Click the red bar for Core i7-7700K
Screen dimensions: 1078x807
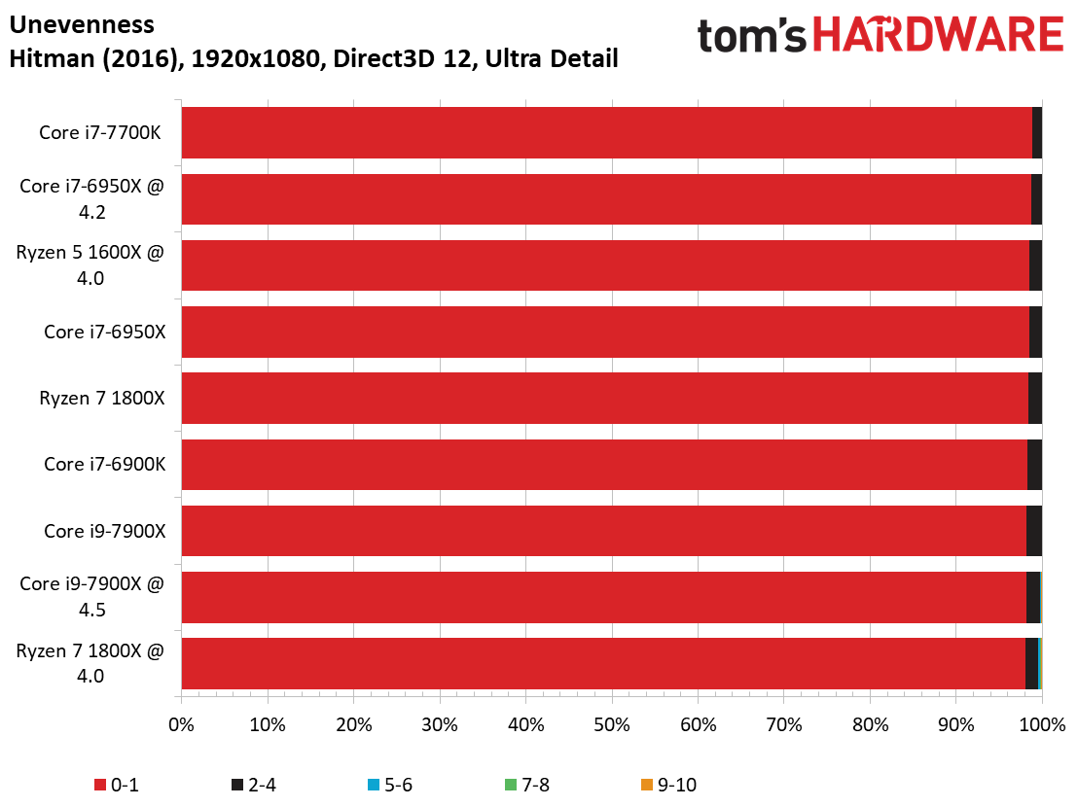tap(607, 132)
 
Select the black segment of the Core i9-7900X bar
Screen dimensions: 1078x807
tap(1034, 531)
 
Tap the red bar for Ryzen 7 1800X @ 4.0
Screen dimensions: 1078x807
tap(603, 663)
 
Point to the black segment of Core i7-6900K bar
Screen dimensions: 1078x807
tap(1034, 465)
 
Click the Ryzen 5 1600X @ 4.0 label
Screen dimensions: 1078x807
tap(90, 265)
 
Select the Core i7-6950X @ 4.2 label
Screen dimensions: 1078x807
tap(91, 198)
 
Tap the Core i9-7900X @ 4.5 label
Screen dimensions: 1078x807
tap(91, 596)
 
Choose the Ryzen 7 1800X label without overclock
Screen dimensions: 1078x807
tap(102, 399)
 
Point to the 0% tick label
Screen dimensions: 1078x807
tap(182, 724)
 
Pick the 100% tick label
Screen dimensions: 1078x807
tap(1042, 724)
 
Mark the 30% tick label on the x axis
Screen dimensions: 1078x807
tap(440, 724)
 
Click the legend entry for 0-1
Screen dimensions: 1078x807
tap(116, 785)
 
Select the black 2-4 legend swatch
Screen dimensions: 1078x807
tap(237, 785)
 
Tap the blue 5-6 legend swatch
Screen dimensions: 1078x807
tap(374, 785)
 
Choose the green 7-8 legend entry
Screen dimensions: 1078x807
tap(526, 785)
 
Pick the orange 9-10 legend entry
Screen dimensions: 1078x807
tap(668, 785)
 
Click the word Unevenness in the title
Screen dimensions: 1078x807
tap(82, 24)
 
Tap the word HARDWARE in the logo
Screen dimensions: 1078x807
tap(939, 35)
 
